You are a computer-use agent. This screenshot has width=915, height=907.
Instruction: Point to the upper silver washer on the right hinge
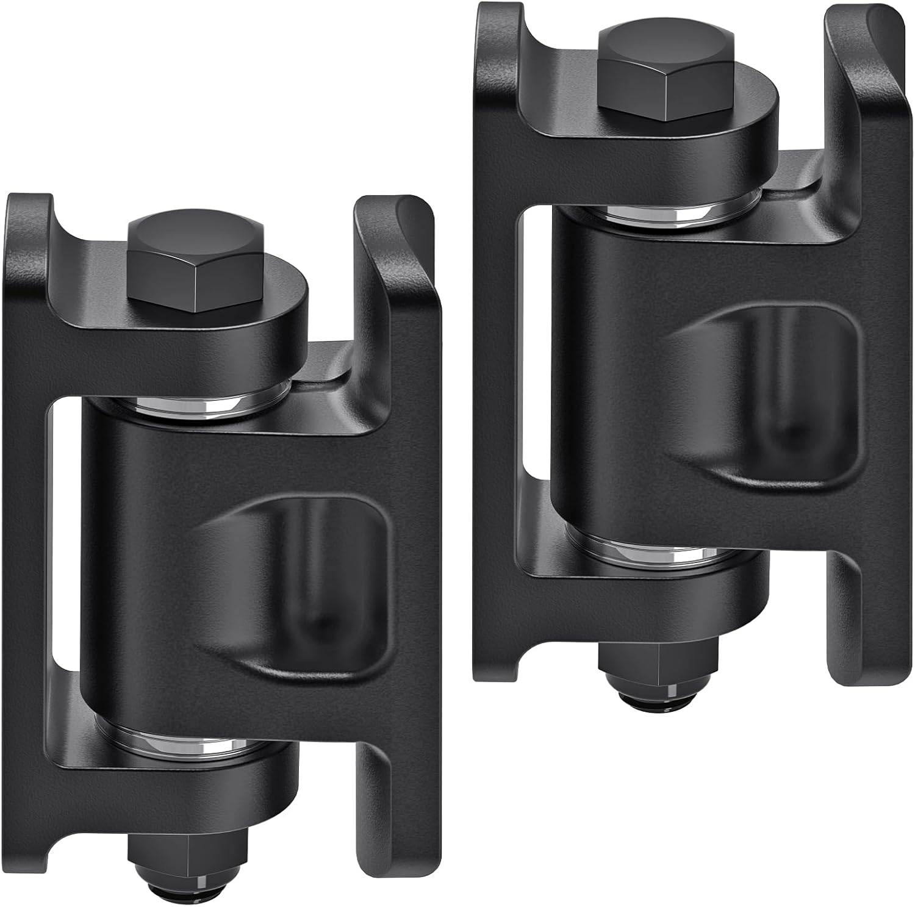662,213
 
